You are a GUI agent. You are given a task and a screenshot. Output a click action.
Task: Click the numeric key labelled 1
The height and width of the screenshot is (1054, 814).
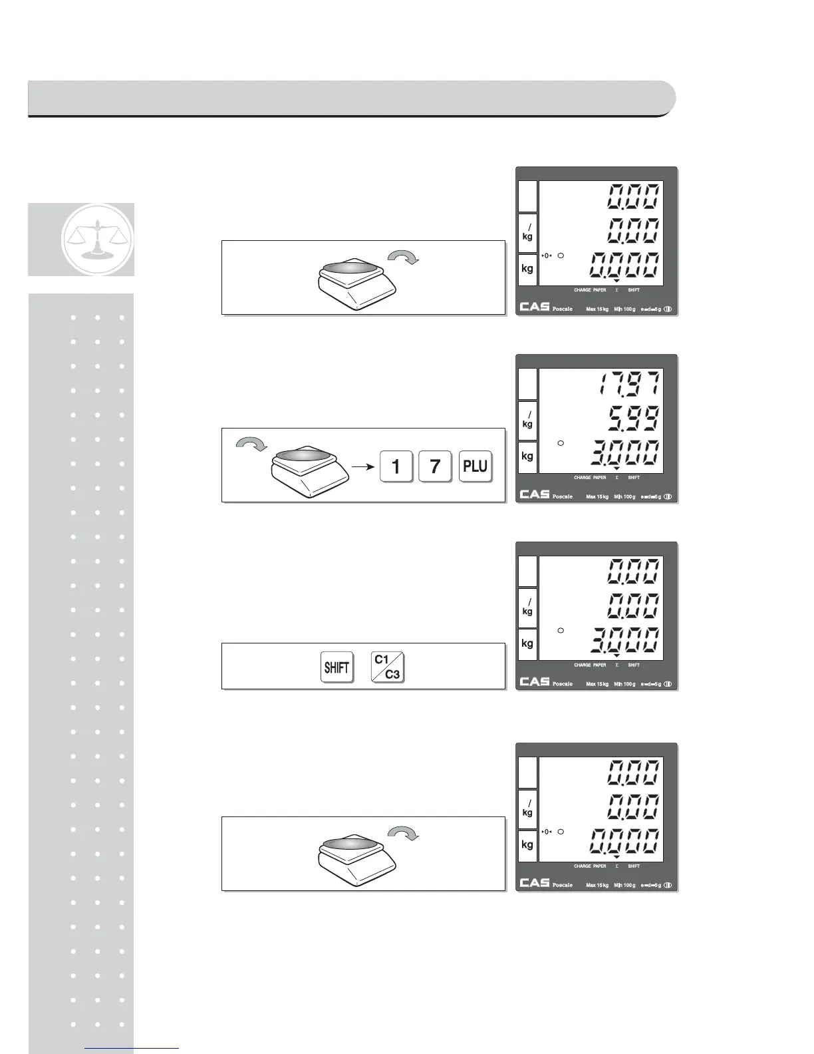[x=396, y=466]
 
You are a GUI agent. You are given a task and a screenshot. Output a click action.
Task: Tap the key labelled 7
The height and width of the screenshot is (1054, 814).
[x=436, y=466]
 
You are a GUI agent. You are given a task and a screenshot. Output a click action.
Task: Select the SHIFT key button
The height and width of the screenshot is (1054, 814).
[x=337, y=667]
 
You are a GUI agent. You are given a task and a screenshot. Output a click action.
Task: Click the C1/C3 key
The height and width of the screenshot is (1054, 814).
[x=387, y=667]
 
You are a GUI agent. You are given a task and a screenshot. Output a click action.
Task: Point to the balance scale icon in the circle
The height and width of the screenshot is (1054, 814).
[x=97, y=239]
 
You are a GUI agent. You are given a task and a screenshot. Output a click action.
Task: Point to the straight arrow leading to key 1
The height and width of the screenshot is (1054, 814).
[x=362, y=466]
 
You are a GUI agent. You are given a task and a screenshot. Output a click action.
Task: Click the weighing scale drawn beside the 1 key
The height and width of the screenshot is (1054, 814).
[x=309, y=471]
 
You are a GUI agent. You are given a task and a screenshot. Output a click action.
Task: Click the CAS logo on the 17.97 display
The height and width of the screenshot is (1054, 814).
[x=535, y=494]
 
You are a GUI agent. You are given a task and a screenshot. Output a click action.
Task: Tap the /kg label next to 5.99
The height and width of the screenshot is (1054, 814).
[x=527, y=420]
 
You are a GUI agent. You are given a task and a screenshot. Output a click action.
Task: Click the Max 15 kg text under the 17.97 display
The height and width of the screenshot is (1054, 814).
[x=597, y=496]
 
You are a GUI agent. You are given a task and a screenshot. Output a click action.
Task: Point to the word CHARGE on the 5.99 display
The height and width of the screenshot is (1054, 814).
[x=582, y=478]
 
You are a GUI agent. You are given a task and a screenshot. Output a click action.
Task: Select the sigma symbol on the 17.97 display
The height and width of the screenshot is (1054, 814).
[x=616, y=478]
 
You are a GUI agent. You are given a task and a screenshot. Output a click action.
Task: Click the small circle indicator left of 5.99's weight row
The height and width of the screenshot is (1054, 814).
[x=561, y=443]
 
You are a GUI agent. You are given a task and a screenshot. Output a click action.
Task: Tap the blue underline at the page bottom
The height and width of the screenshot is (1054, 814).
[x=132, y=1049]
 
